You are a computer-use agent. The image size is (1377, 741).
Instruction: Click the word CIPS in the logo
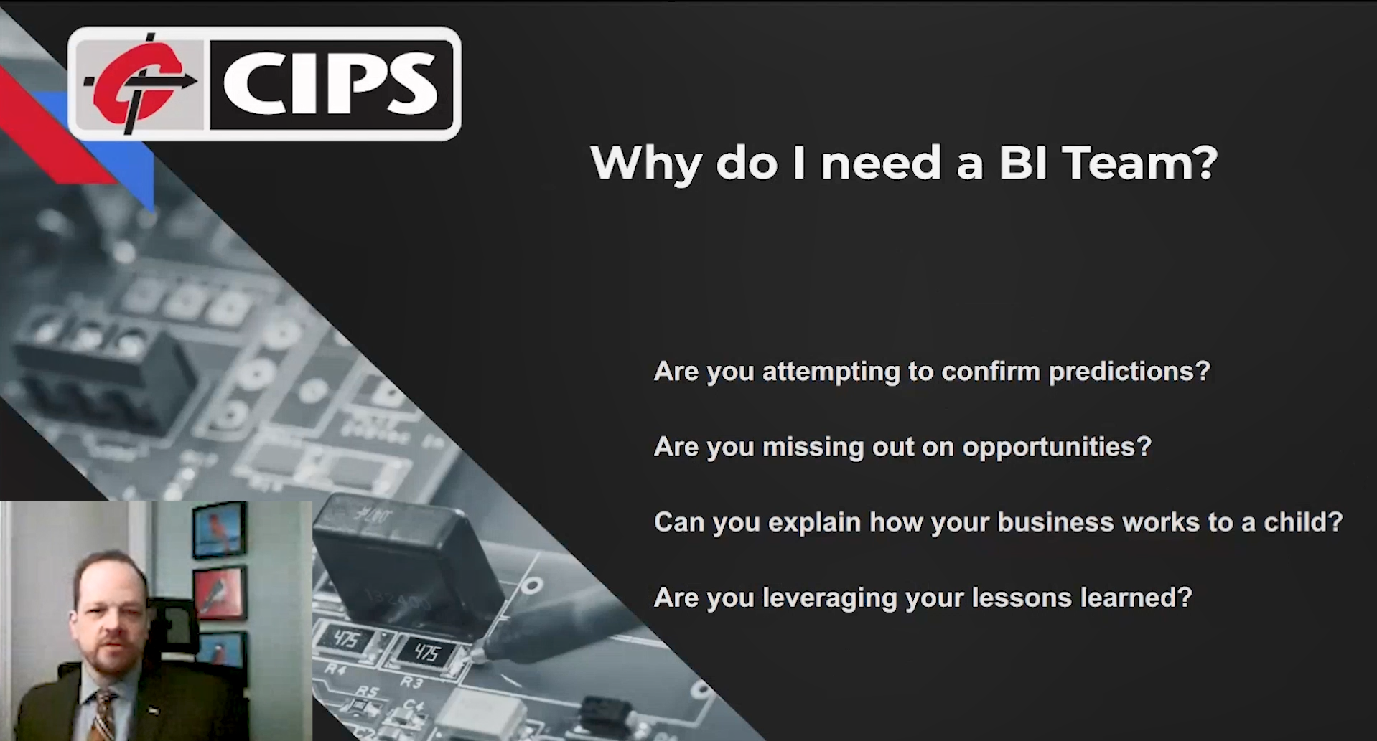pyautogui.click(x=330, y=84)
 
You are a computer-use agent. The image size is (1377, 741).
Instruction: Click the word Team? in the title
pyautogui.click(x=1139, y=163)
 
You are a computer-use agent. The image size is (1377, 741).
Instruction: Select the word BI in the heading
pyautogui.click(x=1024, y=163)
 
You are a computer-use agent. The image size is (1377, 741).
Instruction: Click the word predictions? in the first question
pyautogui.click(x=1129, y=372)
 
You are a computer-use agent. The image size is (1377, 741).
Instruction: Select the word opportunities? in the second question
pyautogui.click(x=1056, y=447)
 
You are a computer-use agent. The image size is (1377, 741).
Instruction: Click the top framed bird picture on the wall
pyautogui.click(x=219, y=530)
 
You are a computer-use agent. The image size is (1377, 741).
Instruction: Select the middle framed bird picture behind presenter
pyautogui.click(x=220, y=594)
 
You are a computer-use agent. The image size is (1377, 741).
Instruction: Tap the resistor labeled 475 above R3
pyautogui.click(x=427, y=652)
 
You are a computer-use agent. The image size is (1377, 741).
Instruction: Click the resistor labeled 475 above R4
pyautogui.click(x=345, y=639)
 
